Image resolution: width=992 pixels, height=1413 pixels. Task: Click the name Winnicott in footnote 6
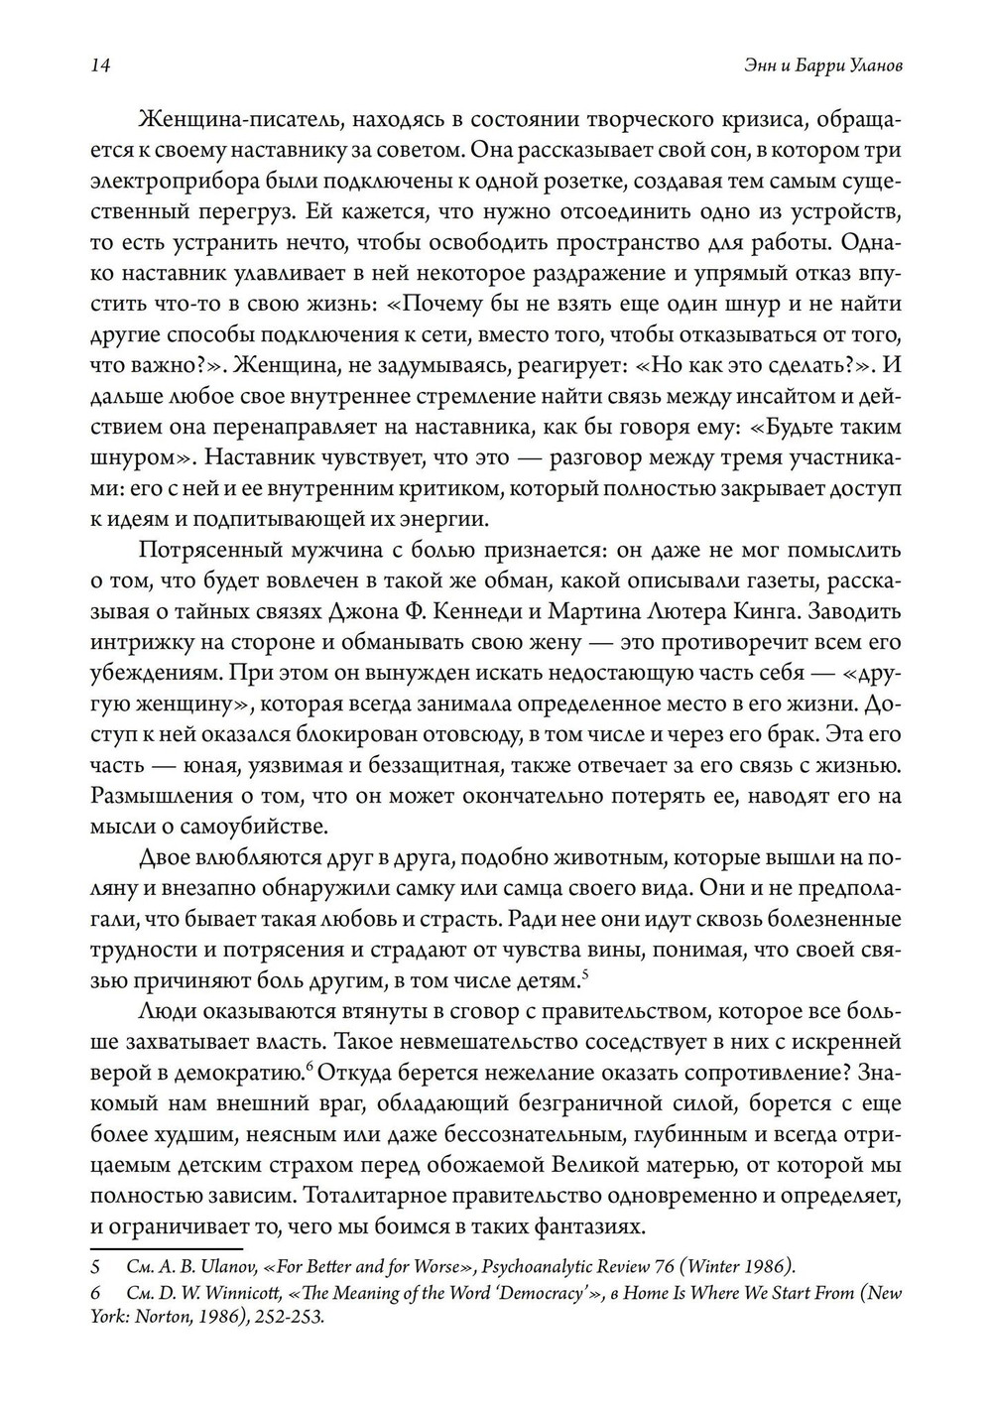235,1294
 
